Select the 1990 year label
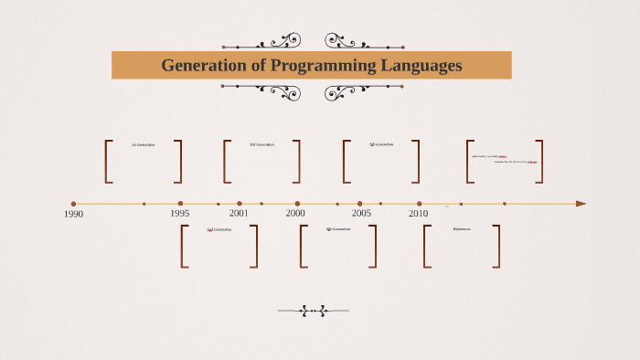point(73,215)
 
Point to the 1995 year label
point(180,214)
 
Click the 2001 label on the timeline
point(239,214)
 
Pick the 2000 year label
point(295,214)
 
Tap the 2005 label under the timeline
point(361,214)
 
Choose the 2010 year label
point(418,214)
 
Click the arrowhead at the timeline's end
point(581,204)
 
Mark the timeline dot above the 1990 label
point(73,204)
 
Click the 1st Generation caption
point(144,144)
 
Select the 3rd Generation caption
point(261,144)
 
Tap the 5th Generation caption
point(382,144)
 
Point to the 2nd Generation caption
point(219,229)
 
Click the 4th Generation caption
point(338,229)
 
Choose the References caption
point(462,229)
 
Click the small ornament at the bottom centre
point(314,311)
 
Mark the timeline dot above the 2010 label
point(420,204)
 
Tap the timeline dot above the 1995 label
point(180,204)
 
